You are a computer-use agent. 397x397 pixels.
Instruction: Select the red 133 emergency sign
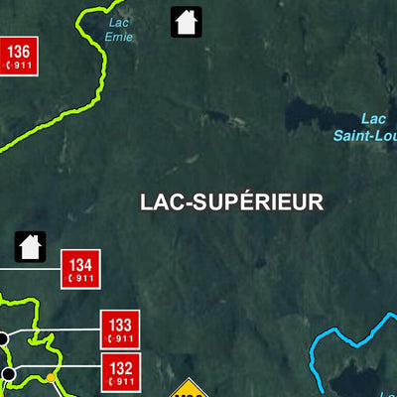click(119, 329)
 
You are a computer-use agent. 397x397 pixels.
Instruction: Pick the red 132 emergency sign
click(120, 371)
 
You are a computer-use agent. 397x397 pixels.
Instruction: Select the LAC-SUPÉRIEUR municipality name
click(232, 201)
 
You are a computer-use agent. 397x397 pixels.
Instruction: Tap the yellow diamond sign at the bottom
click(191, 388)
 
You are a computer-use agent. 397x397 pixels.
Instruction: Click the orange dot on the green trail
click(50, 377)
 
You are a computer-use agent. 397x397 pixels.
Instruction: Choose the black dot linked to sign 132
click(9, 373)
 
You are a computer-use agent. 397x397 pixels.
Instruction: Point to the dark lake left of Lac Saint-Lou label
click(303, 111)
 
